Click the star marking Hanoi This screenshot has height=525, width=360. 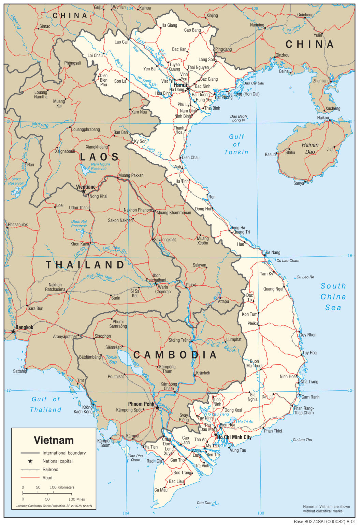pyautogui.click(x=188, y=89)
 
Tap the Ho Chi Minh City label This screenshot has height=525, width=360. pyautogui.click(x=234, y=437)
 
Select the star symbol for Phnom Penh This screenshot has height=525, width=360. pyautogui.click(x=157, y=408)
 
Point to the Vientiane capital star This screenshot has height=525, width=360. pyautogui.click(x=84, y=191)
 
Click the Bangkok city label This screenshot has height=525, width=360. pyautogui.click(x=24, y=327)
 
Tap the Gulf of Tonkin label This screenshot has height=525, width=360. pyautogui.click(x=236, y=144)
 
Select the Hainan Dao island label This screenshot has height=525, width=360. pyautogui.click(x=310, y=148)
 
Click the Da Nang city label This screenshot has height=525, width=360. pyautogui.click(x=273, y=253)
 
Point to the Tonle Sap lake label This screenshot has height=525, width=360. pyautogui.click(x=112, y=360)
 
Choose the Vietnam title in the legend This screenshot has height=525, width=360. pyautogui.click(x=54, y=440)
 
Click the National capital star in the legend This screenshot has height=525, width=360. pyautogui.click(x=30, y=461)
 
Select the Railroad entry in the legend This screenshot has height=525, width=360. pyautogui.click(x=50, y=469)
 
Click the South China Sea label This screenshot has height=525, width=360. pyautogui.click(x=333, y=297)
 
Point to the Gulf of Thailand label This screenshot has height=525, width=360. pyautogui.click(x=46, y=404)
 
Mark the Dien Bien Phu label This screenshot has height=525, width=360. pyautogui.click(x=103, y=80)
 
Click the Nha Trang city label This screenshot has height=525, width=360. pyautogui.click(x=309, y=382)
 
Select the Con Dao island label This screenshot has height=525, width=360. pyautogui.click(x=204, y=502)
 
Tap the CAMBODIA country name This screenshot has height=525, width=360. pyautogui.click(x=175, y=355)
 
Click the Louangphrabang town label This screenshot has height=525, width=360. pyautogui.click(x=86, y=130)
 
